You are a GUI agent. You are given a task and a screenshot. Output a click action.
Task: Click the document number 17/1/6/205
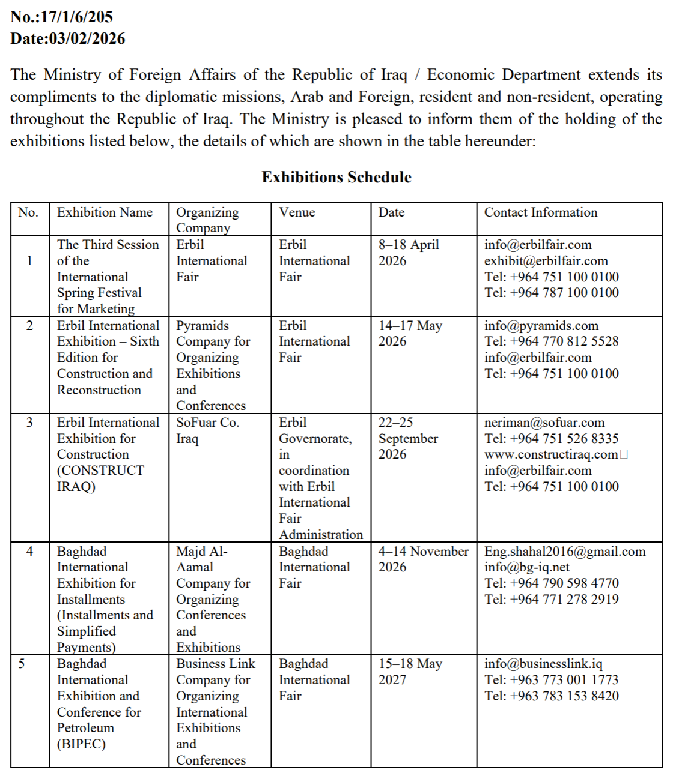pyautogui.click(x=76, y=17)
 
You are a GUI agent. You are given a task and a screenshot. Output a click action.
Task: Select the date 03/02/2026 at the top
pyautogui.click(x=87, y=39)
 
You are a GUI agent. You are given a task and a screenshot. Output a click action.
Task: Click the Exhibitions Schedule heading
pyautogui.click(x=336, y=178)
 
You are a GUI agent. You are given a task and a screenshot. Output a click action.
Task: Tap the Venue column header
pyautogui.click(x=297, y=212)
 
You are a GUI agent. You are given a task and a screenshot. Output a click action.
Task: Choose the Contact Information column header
pyautogui.click(x=541, y=212)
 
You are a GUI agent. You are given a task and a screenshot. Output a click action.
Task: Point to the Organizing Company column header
pyautogui.click(x=207, y=220)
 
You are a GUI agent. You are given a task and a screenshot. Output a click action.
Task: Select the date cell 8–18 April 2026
pyautogui.click(x=409, y=253)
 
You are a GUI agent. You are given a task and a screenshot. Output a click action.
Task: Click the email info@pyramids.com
pyautogui.click(x=541, y=326)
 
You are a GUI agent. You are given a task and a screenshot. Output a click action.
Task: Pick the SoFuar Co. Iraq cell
pyautogui.click(x=207, y=430)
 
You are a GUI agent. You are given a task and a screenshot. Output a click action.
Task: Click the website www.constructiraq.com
pyautogui.click(x=551, y=454)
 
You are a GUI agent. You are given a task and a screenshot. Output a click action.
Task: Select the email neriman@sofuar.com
pyautogui.click(x=544, y=423)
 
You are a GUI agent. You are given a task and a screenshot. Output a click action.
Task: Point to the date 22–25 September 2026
pyautogui.click(x=408, y=438)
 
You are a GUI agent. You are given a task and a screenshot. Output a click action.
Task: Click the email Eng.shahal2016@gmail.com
pyautogui.click(x=565, y=552)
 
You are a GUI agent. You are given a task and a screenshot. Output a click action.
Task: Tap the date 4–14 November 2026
pyautogui.click(x=423, y=559)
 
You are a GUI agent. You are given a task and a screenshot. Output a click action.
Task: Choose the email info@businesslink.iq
pyautogui.click(x=543, y=664)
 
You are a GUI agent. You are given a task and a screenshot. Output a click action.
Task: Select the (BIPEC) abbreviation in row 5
pyautogui.click(x=81, y=744)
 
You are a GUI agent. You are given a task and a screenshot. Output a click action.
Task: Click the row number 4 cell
pyautogui.click(x=30, y=552)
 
